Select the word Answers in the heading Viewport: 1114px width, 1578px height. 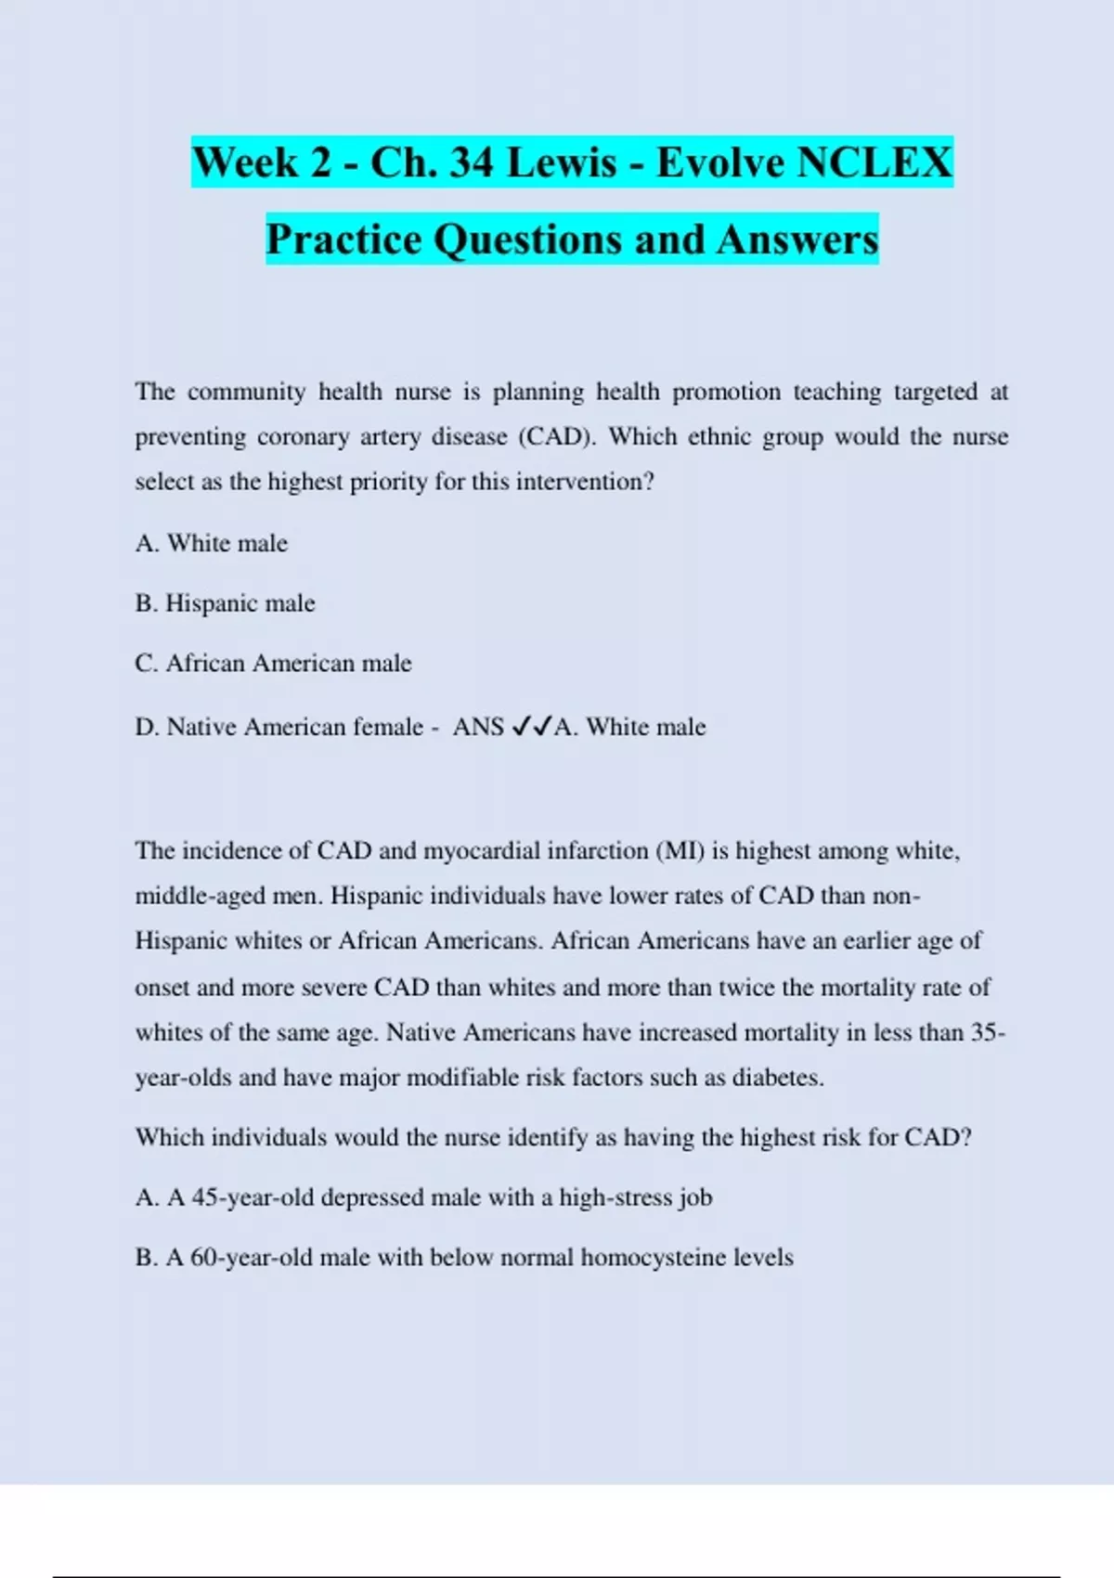(x=797, y=239)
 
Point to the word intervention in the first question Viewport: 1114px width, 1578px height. (x=585, y=482)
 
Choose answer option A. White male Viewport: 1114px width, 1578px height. (x=212, y=543)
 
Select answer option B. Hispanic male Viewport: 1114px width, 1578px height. (x=225, y=603)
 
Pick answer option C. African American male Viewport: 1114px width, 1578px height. (x=273, y=664)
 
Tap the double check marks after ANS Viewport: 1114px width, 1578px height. (x=532, y=726)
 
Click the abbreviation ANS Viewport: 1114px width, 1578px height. (x=478, y=727)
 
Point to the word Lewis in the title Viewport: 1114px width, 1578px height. (x=562, y=162)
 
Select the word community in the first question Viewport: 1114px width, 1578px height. (x=246, y=392)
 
